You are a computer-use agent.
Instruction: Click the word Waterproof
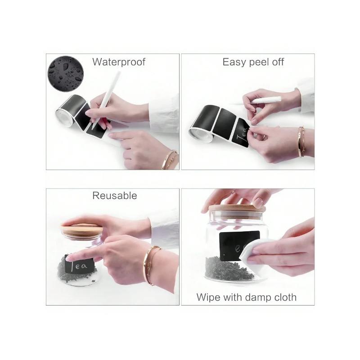[119, 62]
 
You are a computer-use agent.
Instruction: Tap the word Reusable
[115, 196]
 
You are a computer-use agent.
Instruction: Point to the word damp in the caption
[256, 297]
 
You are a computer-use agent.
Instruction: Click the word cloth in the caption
[284, 297]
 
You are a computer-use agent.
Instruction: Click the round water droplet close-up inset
[65, 74]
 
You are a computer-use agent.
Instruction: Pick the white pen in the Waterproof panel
[106, 100]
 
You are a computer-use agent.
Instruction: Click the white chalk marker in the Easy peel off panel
[265, 99]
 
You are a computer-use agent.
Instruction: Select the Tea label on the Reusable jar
[80, 265]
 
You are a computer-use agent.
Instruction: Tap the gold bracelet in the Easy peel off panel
[301, 142]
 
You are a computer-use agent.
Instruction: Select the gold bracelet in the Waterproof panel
[170, 160]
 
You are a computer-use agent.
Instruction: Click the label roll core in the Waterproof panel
[64, 117]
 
